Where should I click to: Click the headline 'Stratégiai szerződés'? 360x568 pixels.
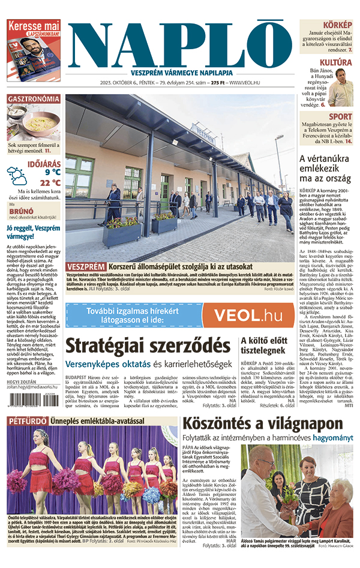pos(147,346)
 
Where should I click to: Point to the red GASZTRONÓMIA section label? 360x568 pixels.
pos(34,98)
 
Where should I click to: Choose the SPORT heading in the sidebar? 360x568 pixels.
pos(340,116)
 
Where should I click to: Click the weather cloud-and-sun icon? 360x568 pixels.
pos(17,176)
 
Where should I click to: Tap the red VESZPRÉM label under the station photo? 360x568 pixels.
pos(86,266)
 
